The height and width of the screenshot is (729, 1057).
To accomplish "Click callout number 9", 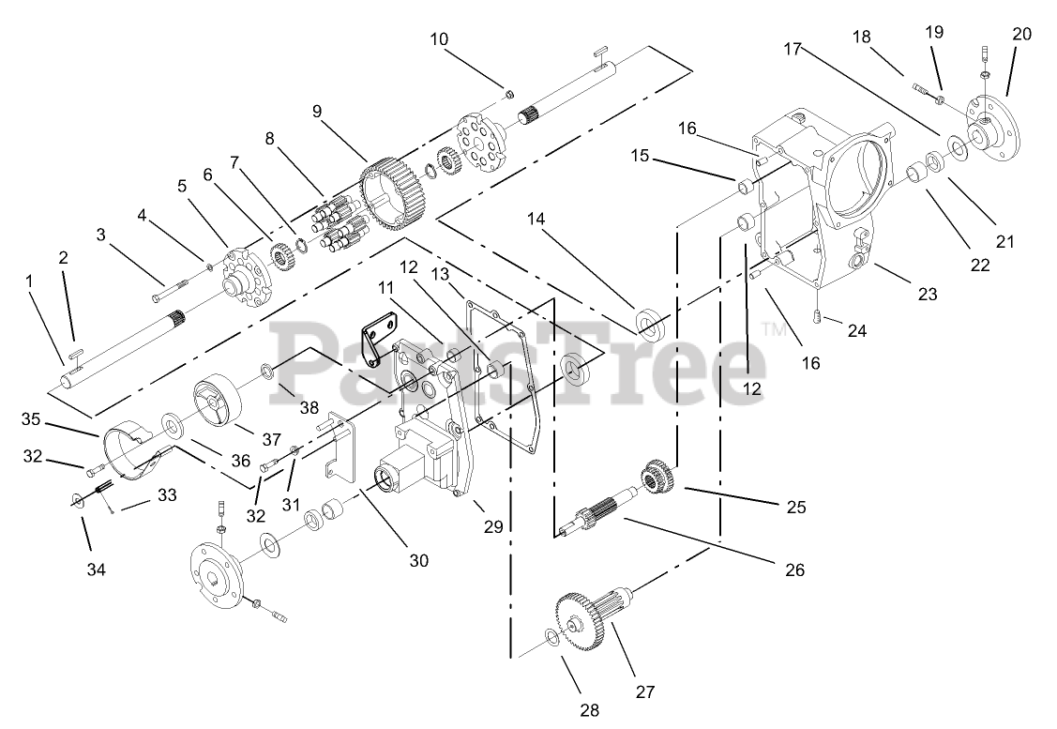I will (317, 111).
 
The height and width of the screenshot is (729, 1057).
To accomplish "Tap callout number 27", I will (644, 692).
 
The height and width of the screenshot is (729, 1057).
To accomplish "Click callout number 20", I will (1022, 34).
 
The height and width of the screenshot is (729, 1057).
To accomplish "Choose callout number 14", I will (536, 220).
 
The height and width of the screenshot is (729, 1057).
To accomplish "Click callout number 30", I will (418, 560).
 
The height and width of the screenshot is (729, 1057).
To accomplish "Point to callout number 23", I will (928, 294).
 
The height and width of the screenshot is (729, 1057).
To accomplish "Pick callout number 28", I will (589, 710).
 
